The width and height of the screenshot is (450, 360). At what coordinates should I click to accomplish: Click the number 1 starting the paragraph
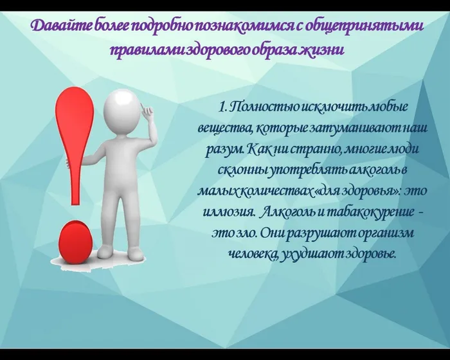pyautogui.click(x=222, y=105)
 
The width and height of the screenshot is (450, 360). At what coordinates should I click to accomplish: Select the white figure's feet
pyautogui.click(x=122, y=253)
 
